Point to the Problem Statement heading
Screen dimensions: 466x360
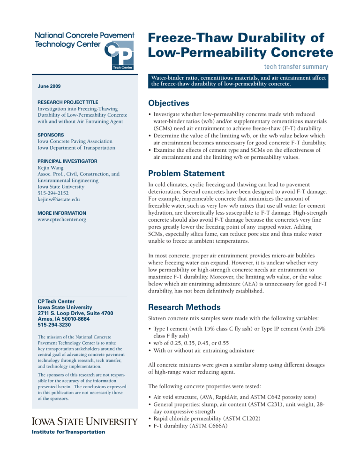click(188, 173)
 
